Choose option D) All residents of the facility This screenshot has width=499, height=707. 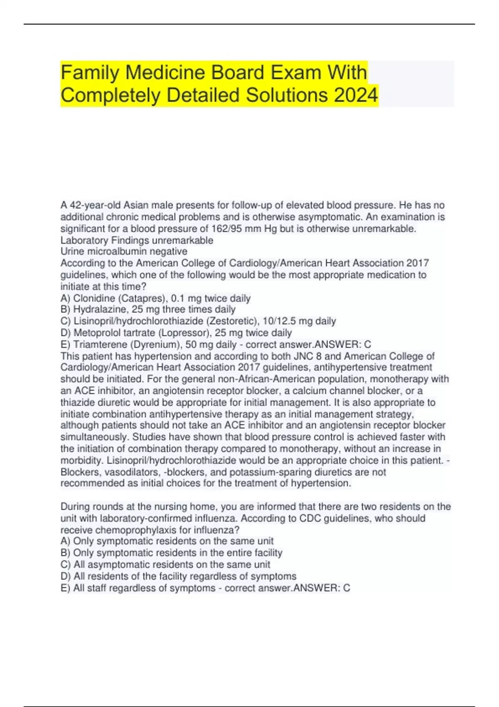point(178,576)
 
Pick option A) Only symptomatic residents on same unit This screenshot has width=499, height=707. point(167,541)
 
